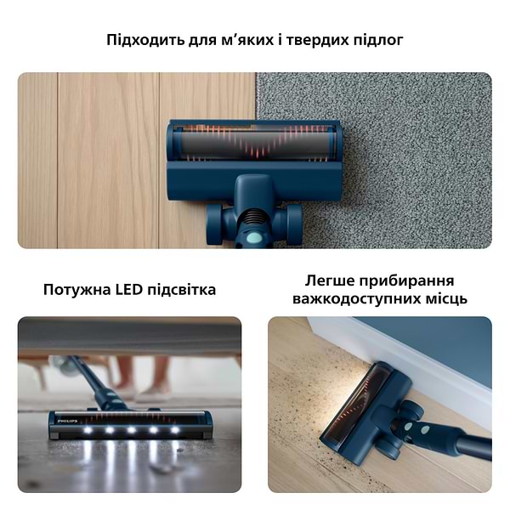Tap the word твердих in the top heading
[x=320, y=40]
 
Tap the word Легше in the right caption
[x=331, y=280]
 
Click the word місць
[x=443, y=299]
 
